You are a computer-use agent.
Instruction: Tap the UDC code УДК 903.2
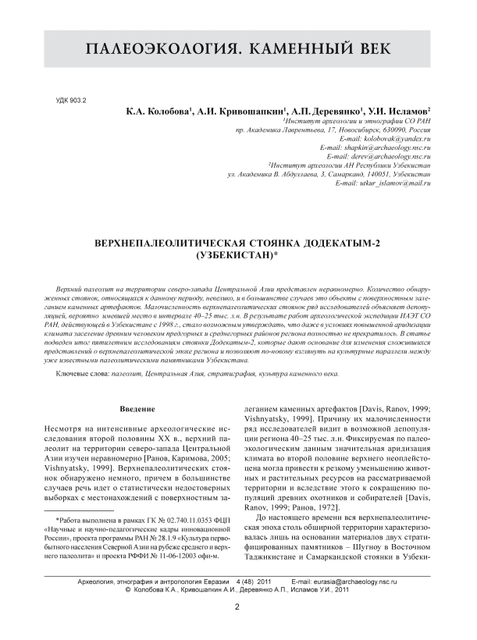coord(73,101)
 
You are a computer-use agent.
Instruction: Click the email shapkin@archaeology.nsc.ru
coord(376,147)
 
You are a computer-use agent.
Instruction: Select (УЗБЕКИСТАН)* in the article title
coord(238,254)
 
